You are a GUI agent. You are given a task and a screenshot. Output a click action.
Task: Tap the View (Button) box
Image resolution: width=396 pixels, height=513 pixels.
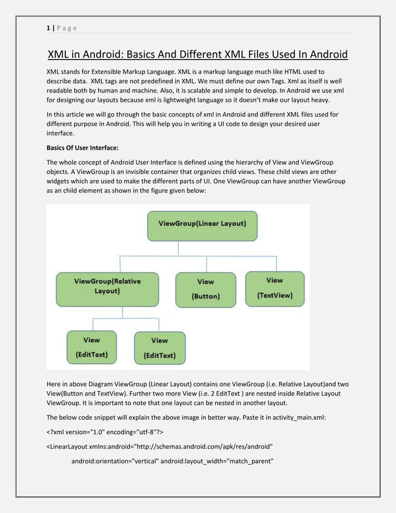[205, 289]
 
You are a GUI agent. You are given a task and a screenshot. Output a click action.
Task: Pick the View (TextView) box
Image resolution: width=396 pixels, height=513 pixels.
[274, 288]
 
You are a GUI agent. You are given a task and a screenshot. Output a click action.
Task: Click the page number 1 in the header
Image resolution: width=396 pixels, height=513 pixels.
[48, 27]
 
